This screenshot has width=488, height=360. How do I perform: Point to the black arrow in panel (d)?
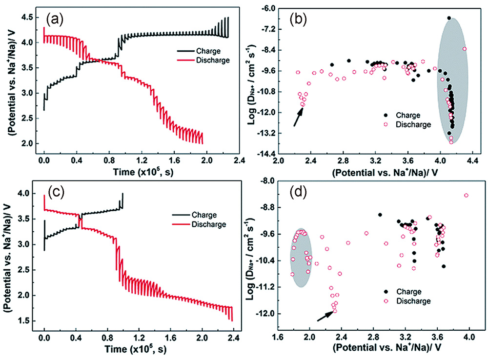tap(325, 315)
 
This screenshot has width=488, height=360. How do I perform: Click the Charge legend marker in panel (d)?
tap(386, 292)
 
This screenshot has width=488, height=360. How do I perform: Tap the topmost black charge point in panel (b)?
tap(449, 18)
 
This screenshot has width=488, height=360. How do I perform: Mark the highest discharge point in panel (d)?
tap(466, 195)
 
